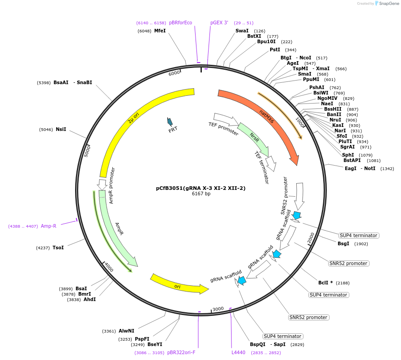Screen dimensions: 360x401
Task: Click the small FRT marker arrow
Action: pyautogui.click(x=170, y=121)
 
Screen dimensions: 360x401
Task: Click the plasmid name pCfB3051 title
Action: pyautogui.click(x=200, y=188)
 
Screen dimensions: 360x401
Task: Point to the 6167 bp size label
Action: pyautogui.click(x=201, y=194)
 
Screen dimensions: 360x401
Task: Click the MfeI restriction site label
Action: pyautogui.click(x=160, y=31)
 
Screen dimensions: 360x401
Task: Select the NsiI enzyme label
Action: pyautogui.click(x=61, y=130)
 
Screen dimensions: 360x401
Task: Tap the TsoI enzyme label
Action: pyautogui.click(x=58, y=247)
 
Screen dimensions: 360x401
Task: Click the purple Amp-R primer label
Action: pyautogui.click(x=49, y=226)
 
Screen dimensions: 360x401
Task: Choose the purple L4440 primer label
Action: pyautogui.click(x=238, y=352)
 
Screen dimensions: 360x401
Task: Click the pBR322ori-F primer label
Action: pyautogui.click(x=181, y=352)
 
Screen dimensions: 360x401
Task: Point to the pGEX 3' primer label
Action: pyautogui.click(x=219, y=22)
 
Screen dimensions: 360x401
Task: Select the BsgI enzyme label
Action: pyautogui.click(x=343, y=243)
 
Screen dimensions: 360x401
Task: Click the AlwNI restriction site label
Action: pyautogui.click(x=126, y=331)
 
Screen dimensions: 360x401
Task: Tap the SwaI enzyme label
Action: pyautogui.click(x=242, y=31)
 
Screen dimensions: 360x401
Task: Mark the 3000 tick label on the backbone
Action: pyautogui.click(x=218, y=309)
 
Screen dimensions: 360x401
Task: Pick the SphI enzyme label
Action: pyautogui.click(x=348, y=155)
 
